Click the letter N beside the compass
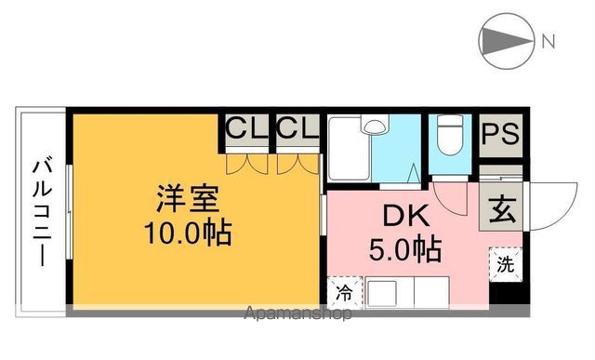point(549,41)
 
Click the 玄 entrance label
point(500,207)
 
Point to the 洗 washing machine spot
point(504,263)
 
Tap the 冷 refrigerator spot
point(343,293)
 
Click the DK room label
point(405,217)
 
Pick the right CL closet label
point(297,128)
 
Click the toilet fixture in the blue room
point(449,137)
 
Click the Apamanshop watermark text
point(297,314)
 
